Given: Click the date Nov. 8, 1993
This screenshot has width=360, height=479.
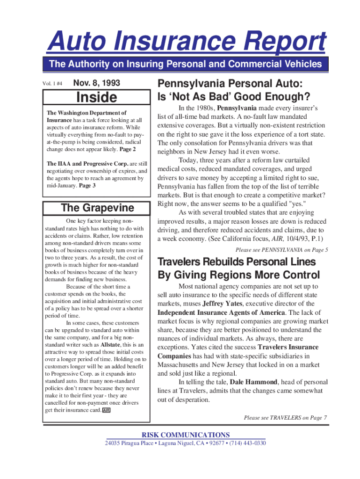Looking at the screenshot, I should click(x=97, y=83).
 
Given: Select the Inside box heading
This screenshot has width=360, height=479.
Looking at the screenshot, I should click(x=96, y=97).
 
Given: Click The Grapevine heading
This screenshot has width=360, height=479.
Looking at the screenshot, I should click(x=97, y=208).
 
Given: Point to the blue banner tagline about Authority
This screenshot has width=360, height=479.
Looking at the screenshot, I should click(x=186, y=64).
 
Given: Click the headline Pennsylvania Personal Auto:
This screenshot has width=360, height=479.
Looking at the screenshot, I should click(x=230, y=84).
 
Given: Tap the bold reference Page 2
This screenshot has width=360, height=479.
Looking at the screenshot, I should click(x=128, y=149).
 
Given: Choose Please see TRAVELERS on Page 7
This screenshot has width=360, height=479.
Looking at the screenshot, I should click(x=285, y=417).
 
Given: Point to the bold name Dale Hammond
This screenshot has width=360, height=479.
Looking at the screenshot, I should click(x=255, y=382).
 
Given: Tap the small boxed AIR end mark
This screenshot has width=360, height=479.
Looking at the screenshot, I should click(x=106, y=410).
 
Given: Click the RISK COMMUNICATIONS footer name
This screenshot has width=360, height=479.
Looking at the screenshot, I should click(x=186, y=435).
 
